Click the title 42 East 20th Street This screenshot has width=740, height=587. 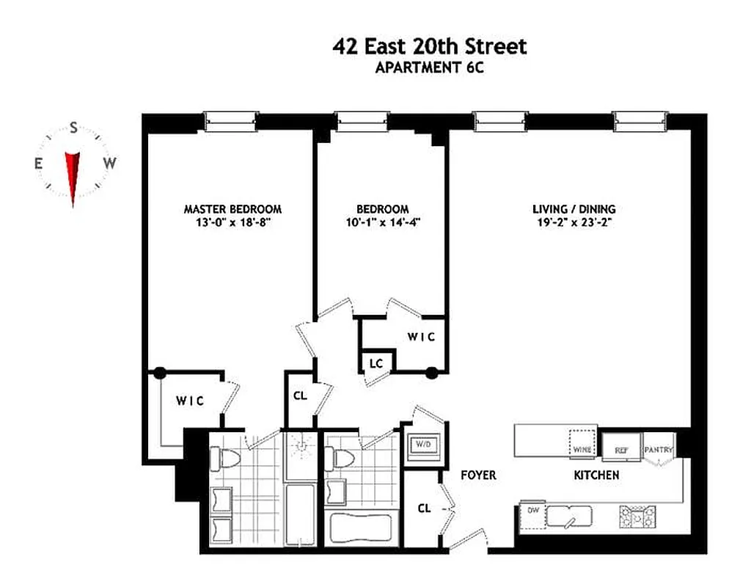point(429,46)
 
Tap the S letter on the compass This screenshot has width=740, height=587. point(73,128)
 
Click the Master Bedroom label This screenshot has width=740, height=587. point(232,209)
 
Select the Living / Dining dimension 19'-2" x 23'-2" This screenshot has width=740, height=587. point(574,222)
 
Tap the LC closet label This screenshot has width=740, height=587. point(376,363)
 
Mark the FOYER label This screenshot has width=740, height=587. point(478,475)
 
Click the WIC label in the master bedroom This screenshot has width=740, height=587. point(188,400)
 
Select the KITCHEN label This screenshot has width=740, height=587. point(596,475)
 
